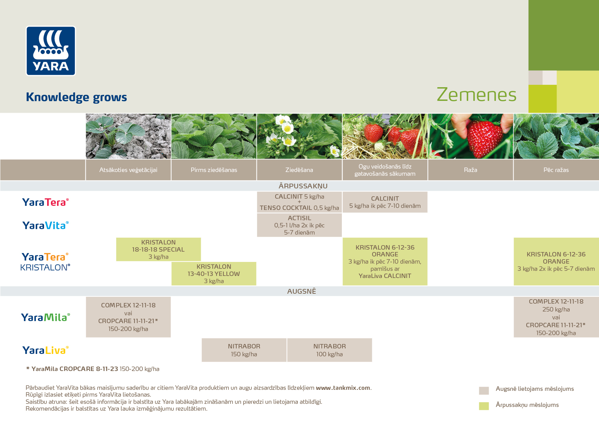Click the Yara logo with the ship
[51, 51]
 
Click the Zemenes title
[476, 95]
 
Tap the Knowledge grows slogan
[76, 97]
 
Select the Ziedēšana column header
[299, 170]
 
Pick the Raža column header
[470, 170]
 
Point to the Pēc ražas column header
[556, 170]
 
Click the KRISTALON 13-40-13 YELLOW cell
[214, 274]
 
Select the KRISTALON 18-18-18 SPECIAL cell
[158, 249]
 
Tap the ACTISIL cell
[299, 225]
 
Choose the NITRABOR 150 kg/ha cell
[244, 350]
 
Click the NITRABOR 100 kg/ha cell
[330, 350]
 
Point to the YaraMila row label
[45, 317]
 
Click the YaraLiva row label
[45, 350]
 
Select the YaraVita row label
[45, 225]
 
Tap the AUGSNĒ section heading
[302, 291]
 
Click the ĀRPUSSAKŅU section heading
[303, 186]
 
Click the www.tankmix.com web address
[343, 388]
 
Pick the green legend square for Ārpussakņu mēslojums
[484, 406]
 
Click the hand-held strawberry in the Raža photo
[484, 137]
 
